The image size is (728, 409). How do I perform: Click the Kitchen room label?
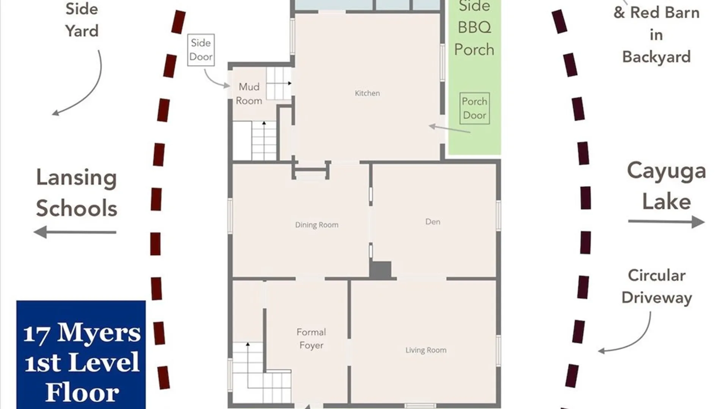tap(367, 93)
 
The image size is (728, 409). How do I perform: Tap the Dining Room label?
tap(317, 225)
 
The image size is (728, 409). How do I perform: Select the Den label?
tap(433, 222)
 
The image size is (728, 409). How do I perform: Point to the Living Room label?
tap(426, 350)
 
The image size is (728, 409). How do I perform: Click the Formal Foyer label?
tap(311, 339)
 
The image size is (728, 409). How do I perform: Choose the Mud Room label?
tap(249, 94)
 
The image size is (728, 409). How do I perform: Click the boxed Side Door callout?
tap(201, 50)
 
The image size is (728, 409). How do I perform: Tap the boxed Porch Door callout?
tap(474, 108)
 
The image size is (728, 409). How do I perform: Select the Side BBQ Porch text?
tap(474, 28)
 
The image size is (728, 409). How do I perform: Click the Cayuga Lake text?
tap(666, 186)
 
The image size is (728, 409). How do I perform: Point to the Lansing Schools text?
tap(77, 193)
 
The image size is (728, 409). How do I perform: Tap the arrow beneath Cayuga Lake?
tap(666, 222)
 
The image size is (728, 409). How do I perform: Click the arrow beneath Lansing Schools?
tap(75, 232)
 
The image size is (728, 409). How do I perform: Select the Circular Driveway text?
tap(657, 287)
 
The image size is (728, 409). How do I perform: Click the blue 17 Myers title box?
tap(81, 355)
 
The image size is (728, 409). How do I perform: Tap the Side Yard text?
tap(82, 20)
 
